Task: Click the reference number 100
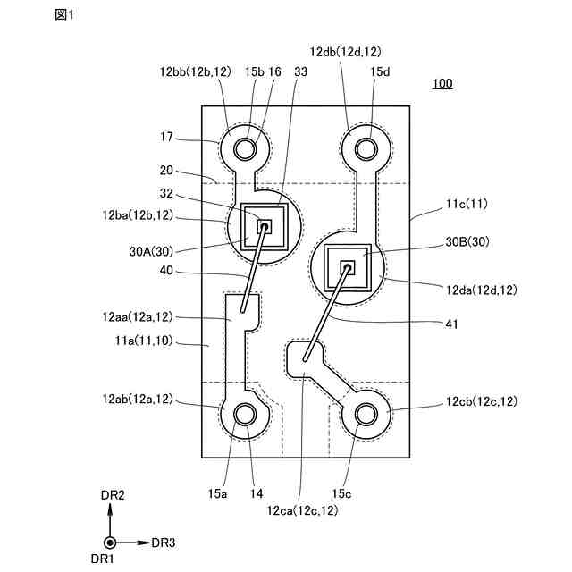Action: coord(442,83)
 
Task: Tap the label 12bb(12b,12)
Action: coord(196,71)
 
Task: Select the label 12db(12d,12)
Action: coord(346,52)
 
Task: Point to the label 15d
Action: coord(380,71)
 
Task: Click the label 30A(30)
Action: coord(151,251)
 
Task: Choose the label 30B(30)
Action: coord(467,241)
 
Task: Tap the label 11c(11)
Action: coord(467,204)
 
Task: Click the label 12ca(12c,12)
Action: coord(302,510)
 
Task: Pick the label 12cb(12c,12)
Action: coord(482,401)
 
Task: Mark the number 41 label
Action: coord(451,324)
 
